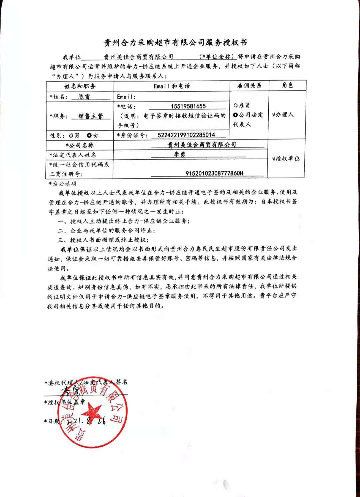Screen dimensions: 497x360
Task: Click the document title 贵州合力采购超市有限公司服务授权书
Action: coord(176,43)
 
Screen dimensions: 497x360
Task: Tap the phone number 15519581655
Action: coord(188,106)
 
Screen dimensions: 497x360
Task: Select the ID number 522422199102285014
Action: coord(186,135)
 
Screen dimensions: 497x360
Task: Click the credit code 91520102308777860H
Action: coord(214,173)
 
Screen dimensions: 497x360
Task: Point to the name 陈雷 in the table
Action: coord(84,97)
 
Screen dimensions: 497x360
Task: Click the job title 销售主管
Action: coord(90,116)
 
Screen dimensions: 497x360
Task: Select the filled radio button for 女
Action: coord(89,135)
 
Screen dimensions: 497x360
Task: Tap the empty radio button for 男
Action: coord(71,136)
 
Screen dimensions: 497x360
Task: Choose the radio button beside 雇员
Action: coord(236,105)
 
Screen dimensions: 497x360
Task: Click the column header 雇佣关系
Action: coord(249,86)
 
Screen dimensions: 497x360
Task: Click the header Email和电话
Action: coord(172,86)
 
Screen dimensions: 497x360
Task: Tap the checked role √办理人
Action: coord(283,114)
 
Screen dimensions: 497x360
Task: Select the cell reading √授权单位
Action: coord(286,159)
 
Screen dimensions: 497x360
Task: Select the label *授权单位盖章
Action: coord(65,402)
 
